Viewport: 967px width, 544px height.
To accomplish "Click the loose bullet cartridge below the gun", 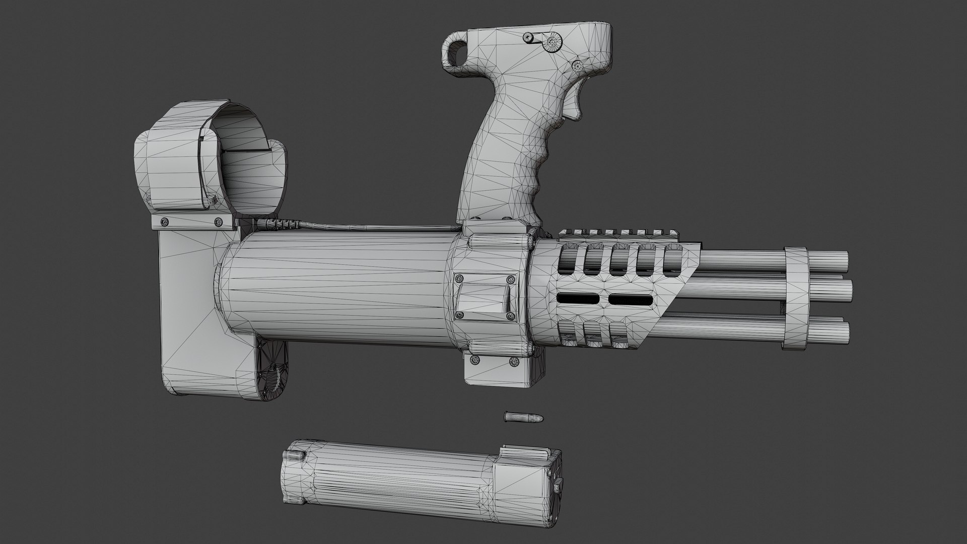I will tap(523, 403).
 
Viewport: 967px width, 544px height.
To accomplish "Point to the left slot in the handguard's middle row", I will tap(578, 299).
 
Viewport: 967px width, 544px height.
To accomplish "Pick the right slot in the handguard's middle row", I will tap(630, 300).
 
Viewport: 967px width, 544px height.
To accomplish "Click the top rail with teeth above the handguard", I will tap(619, 233).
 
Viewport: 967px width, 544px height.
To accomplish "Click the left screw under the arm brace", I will tap(164, 221).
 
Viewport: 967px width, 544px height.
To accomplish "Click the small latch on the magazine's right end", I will tap(559, 487).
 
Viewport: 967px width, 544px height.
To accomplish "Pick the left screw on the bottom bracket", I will tap(474, 360).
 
